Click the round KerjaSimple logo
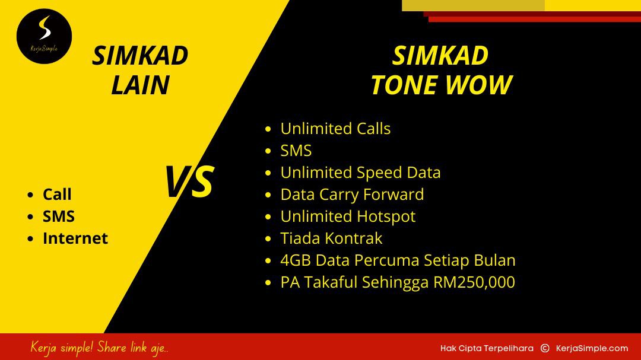(x=44, y=36)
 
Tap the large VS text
(x=189, y=181)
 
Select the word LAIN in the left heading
(x=140, y=85)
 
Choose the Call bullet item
(x=57, y=194)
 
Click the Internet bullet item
(x=75, y=238)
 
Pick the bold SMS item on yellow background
(x=58, y=216)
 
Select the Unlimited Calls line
(x=335, y=129)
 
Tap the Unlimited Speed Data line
(x=361, y=173)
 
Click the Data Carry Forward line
(x=352, y=195)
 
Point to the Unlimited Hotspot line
(x=348, y=216)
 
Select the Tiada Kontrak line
(x=331, y=238)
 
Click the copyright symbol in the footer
(x=545, y=348)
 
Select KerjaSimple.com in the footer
(x=592, y=349)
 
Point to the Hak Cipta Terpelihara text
(x=487, y=349)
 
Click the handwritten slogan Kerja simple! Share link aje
(x=99, y=348)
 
